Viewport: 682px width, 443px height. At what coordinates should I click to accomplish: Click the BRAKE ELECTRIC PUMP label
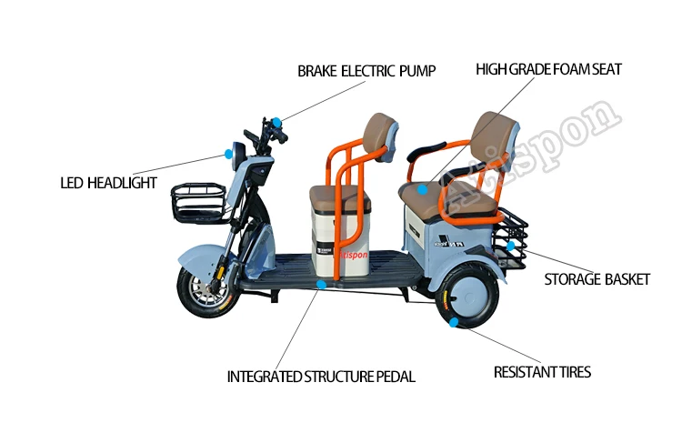366,70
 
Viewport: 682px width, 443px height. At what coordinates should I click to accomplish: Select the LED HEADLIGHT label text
109,183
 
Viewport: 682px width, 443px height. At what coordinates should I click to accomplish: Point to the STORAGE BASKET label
597,279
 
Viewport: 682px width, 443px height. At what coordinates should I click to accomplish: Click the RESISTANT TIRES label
542,372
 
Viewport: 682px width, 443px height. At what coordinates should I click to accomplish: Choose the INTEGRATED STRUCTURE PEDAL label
321,376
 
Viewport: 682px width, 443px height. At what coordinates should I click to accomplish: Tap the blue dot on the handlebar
272,120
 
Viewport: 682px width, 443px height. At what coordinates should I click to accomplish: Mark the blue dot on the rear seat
424,190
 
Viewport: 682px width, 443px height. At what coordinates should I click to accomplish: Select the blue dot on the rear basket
511,245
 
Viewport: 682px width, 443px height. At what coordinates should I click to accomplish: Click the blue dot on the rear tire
453,321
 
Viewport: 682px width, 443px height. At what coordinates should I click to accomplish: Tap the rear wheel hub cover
471,297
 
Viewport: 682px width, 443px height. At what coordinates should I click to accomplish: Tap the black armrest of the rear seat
431,149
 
